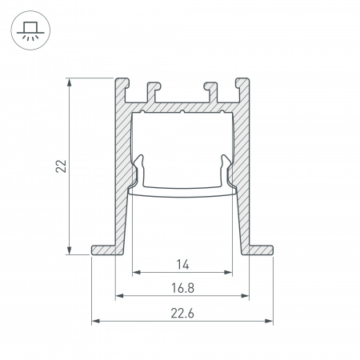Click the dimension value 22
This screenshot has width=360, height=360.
click(x=61, y=166)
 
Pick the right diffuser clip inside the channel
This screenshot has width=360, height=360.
click(x=227, y=170)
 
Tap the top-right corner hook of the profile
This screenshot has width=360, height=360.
click(x=242, y=84)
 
